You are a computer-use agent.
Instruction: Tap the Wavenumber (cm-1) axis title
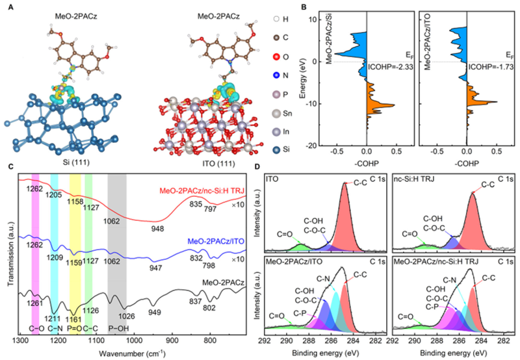click(x=132, y=355)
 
